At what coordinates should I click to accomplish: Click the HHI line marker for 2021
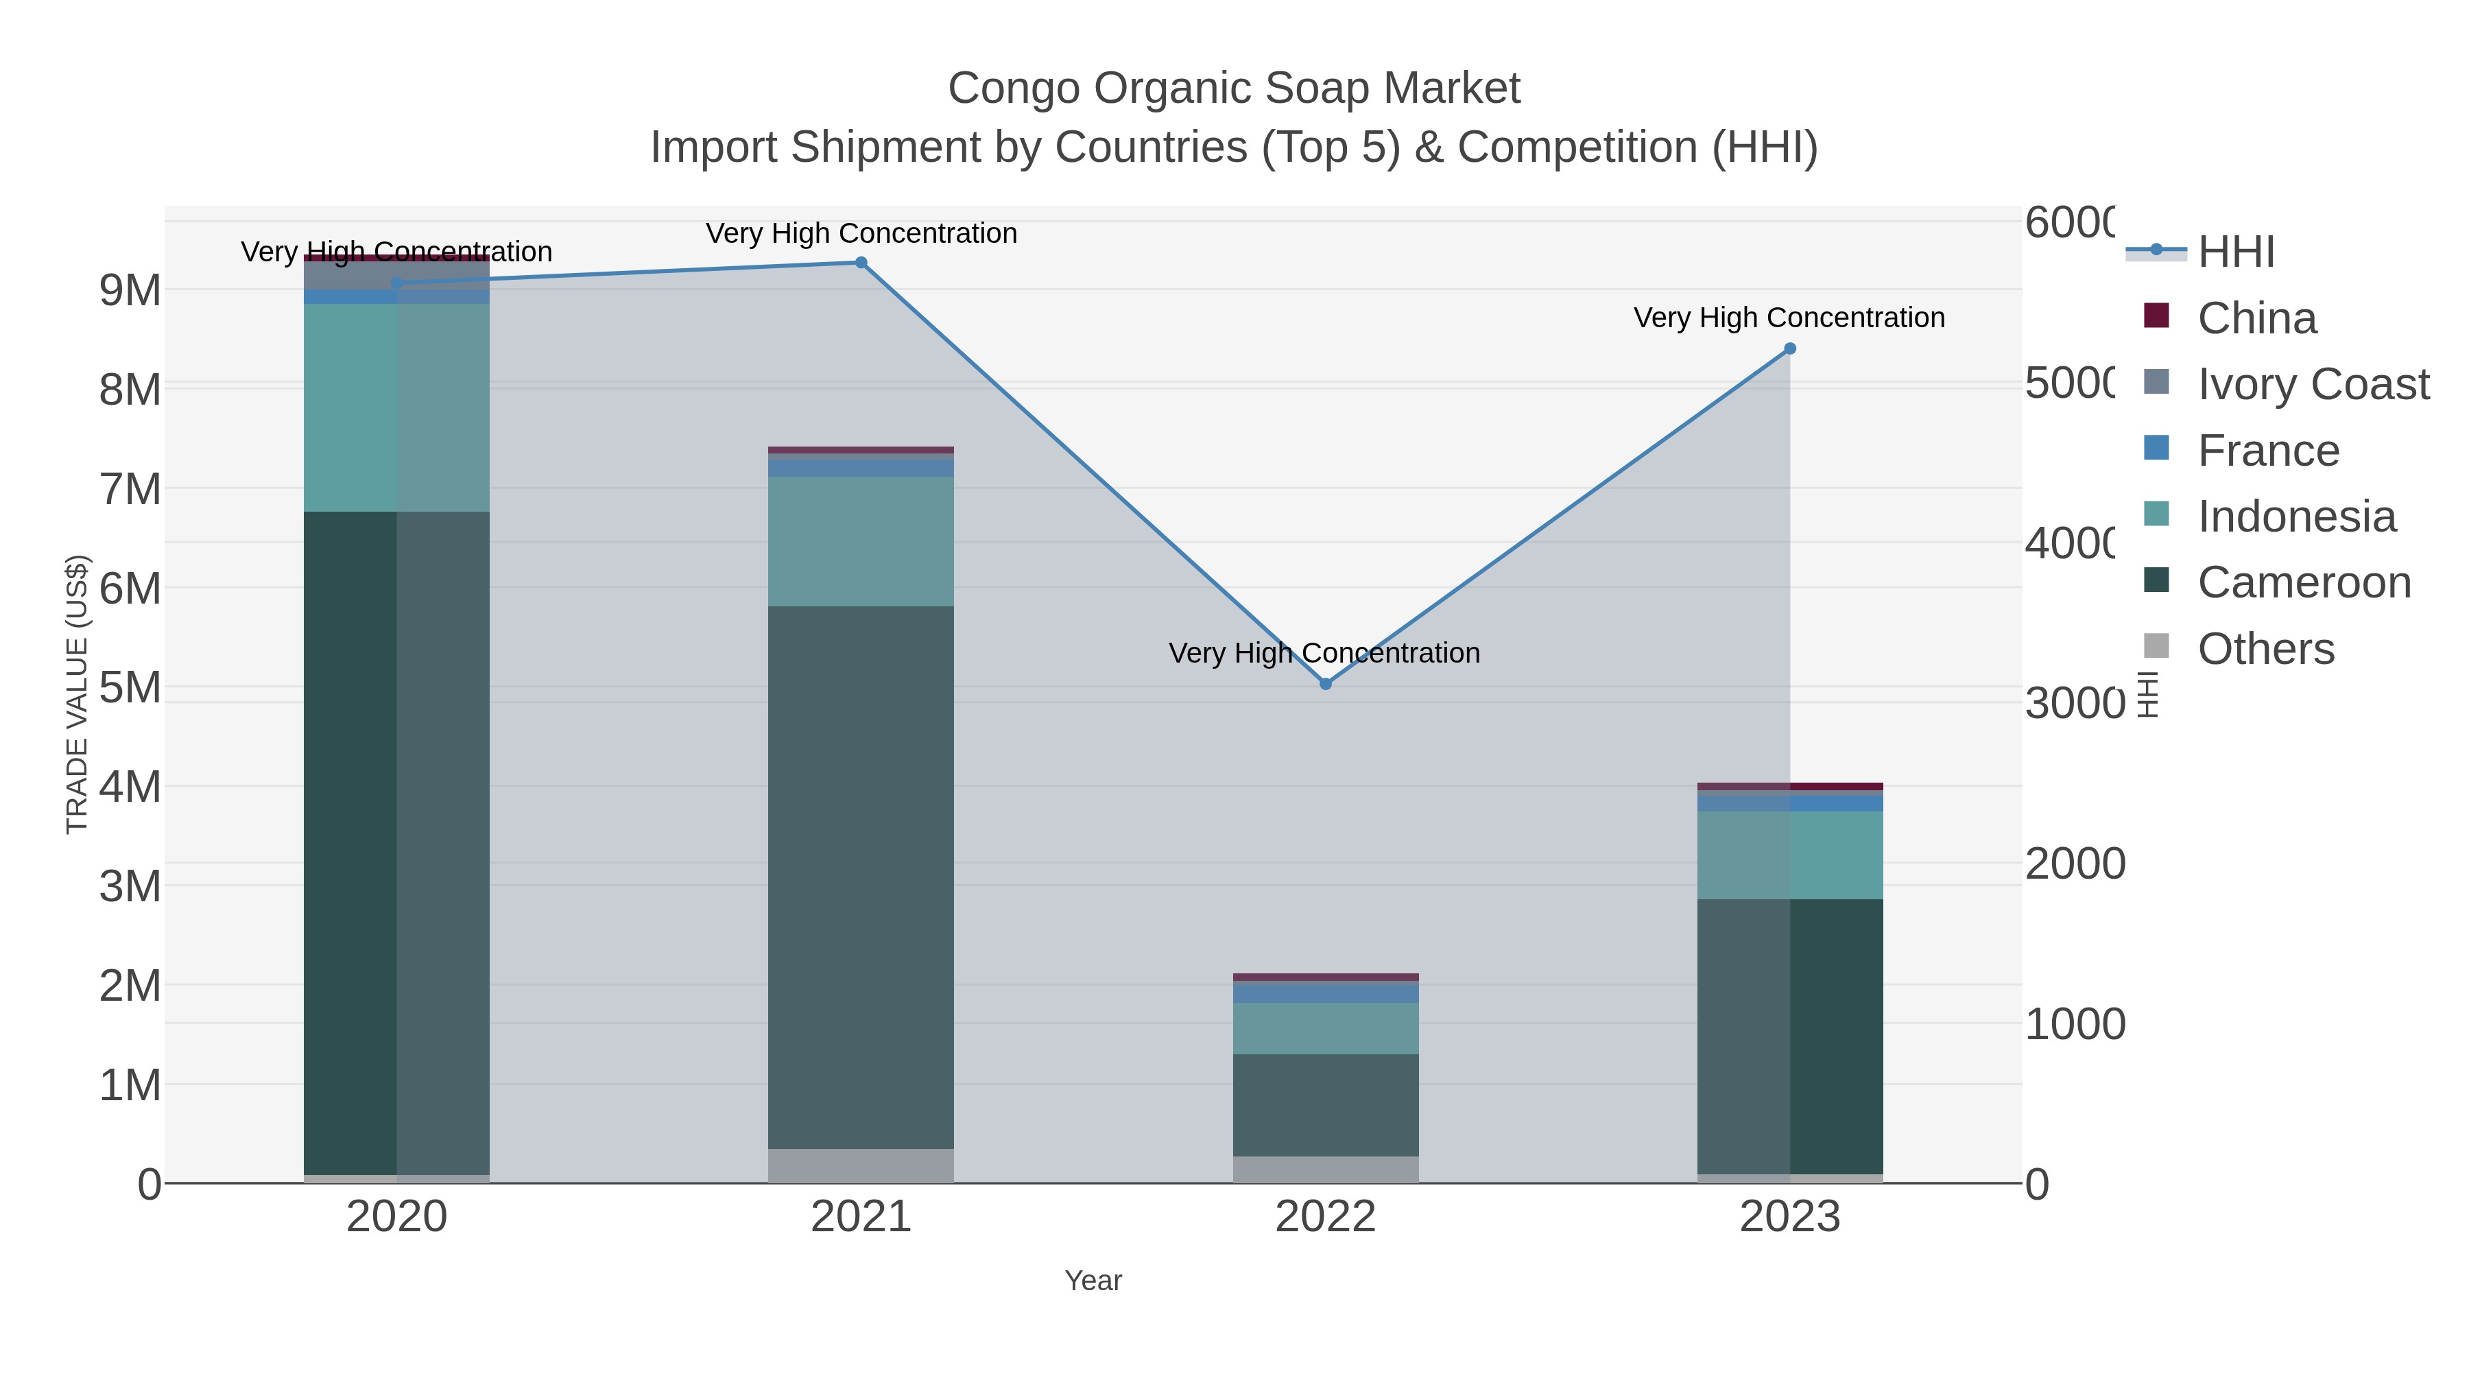861,263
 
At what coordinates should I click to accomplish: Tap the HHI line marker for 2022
1326,683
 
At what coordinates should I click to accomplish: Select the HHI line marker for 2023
1789,349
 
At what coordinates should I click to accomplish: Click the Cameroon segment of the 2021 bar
861,877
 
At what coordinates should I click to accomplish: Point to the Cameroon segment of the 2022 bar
1326,1104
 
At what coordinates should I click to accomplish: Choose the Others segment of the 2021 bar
861,1165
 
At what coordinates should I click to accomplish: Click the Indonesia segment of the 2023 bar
1789,855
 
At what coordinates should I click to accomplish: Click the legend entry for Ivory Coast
2312,384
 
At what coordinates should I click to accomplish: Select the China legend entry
2256,318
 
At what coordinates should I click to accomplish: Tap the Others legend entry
2265,649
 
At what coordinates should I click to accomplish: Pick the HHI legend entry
2235,252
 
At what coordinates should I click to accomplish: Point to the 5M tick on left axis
130,687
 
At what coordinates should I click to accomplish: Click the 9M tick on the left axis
130,289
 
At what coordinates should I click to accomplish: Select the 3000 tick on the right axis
2074,702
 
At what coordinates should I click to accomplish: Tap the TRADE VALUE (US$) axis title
77,694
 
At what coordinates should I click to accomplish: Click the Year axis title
1093,1281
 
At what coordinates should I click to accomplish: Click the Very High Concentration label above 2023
1789,318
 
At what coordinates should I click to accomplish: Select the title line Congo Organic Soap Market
1234,88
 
